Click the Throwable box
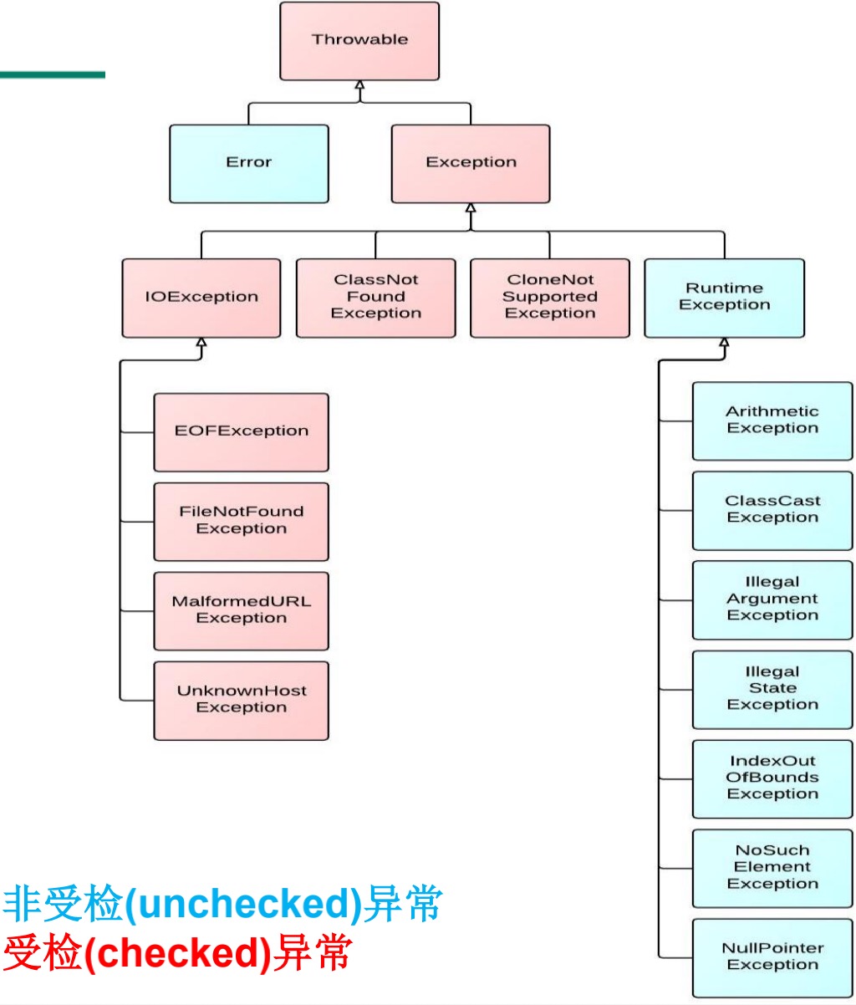coord(359,41)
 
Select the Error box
coord(248,163)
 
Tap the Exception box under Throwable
coord(471,163)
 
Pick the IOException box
coord(201,298)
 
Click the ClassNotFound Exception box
coord(375,298)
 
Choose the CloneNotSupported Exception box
coord(550,298)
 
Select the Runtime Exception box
coord(724,298)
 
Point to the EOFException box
coord(241,432)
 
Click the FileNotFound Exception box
coord(241,521)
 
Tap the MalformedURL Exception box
coord(241,610)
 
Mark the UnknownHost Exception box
coord(241,700)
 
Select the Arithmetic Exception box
coord(772,421)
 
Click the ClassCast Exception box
coord(772,510)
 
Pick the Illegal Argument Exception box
coord(772,599)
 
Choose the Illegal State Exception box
coord(772,689)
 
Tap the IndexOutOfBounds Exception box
coord(772,778)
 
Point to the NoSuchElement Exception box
coord(772,868)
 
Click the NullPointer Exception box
coord(772,957)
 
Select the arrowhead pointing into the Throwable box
coord(359,85)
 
